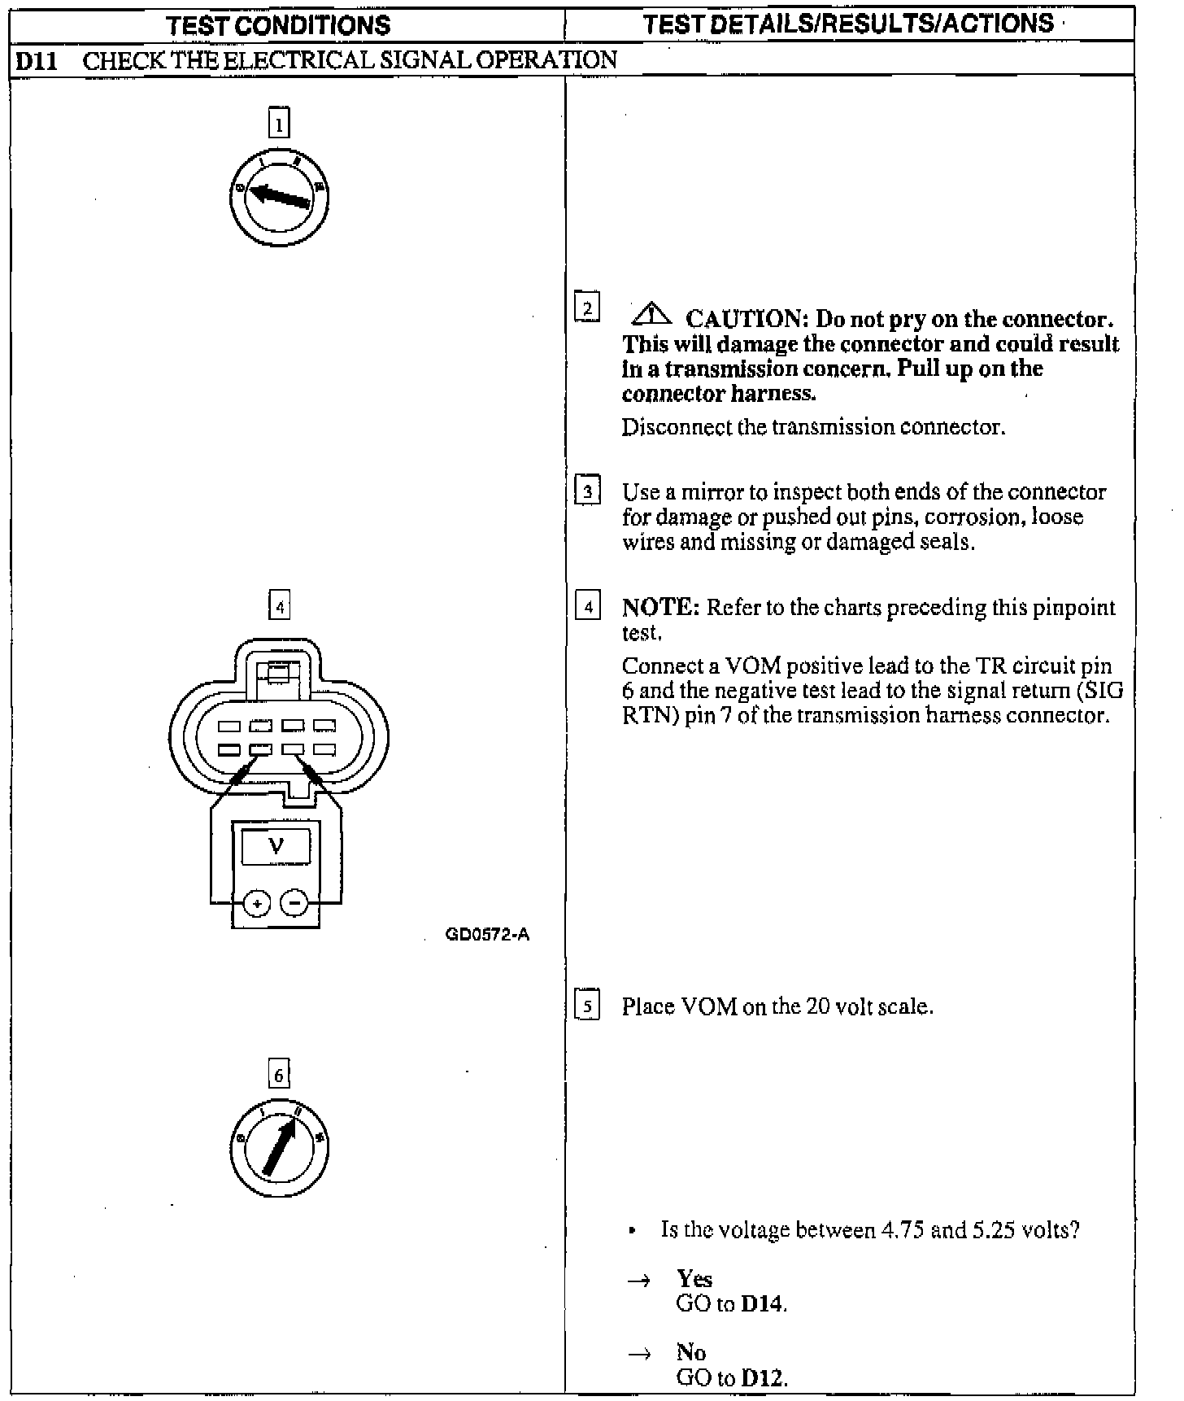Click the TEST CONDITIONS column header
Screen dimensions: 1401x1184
point(278,25)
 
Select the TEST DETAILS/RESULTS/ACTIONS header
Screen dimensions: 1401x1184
point(848,24)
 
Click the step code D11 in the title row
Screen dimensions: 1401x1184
point(37,61)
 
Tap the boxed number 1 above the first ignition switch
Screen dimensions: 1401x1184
point(279,124)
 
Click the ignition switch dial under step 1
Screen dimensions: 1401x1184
point(279,198)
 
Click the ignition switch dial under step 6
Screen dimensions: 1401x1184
point(279,1146)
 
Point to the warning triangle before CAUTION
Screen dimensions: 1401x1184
point(650,313)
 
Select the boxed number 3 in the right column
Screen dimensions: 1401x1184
point(587,491)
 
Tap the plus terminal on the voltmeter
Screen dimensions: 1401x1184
point(257,903)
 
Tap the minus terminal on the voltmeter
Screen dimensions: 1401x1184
point(294,903)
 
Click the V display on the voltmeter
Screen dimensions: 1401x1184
point(276,847)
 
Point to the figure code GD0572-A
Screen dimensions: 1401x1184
point(487,935)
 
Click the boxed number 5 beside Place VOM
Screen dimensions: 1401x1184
point(587,1006)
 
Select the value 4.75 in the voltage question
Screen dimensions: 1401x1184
point(902,1229)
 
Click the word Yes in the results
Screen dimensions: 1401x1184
point(694,1278)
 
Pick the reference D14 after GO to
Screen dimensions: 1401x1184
point(764,1303)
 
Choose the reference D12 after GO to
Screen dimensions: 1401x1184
point(764,1377)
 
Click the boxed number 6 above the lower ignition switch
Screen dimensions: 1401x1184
point(279,1076)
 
